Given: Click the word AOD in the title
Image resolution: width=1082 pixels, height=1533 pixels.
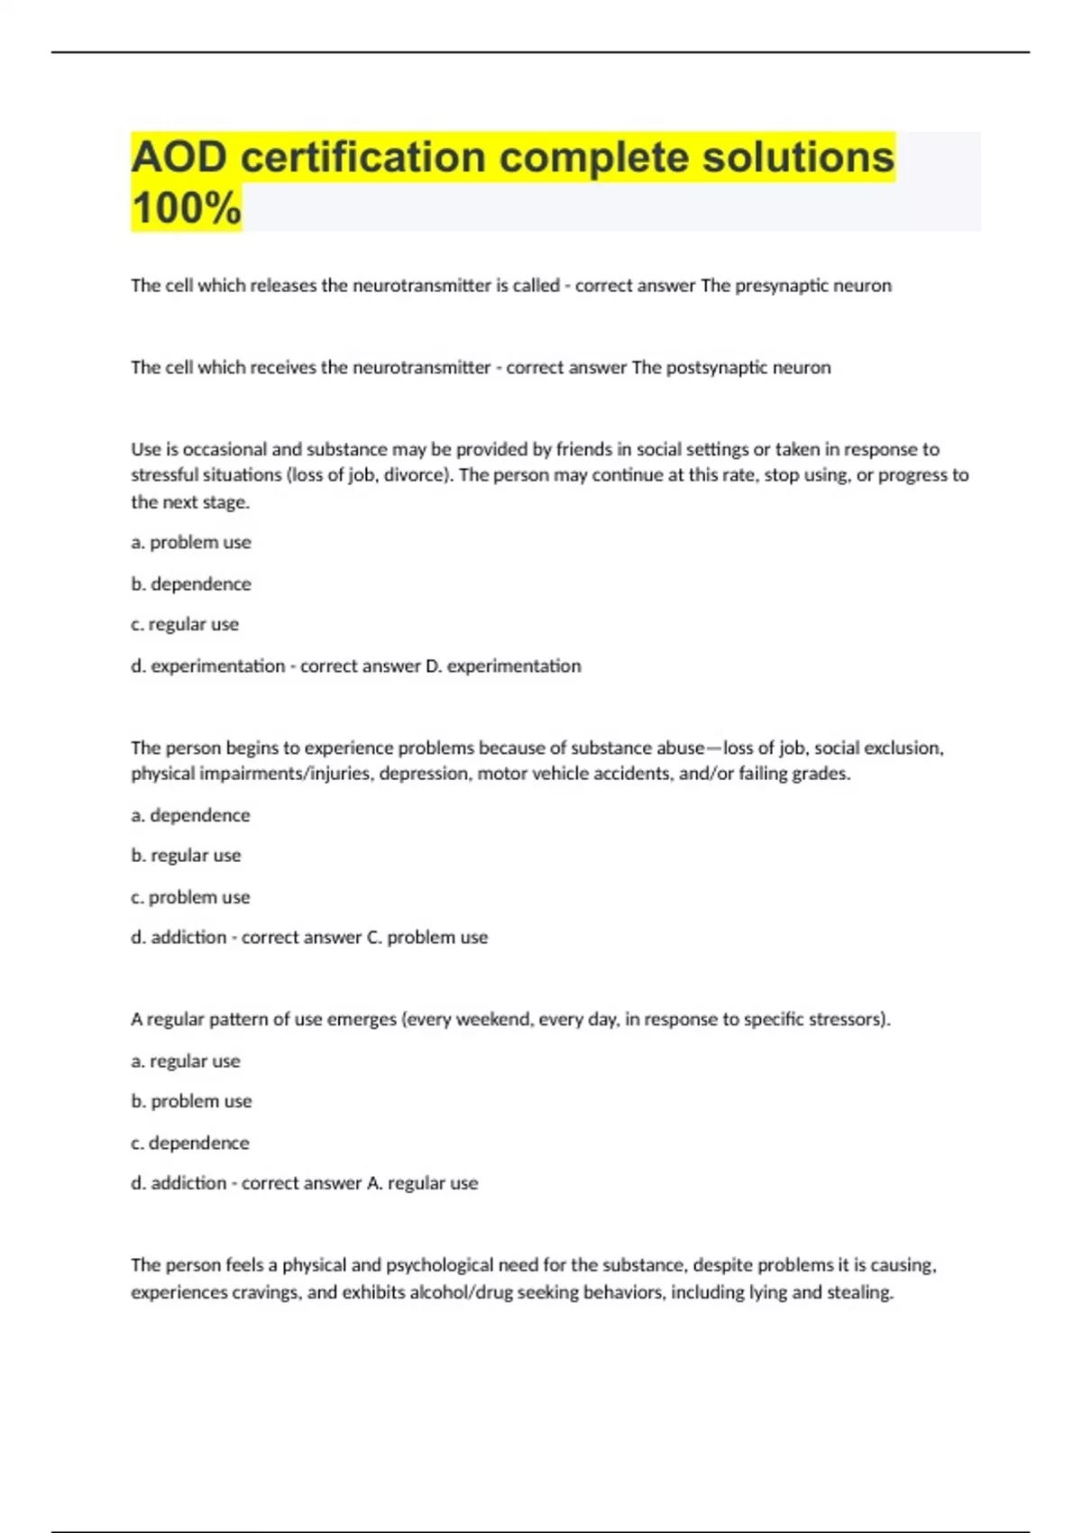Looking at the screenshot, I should (179, 158).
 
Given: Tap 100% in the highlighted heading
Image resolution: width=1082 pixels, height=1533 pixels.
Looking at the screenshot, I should (186, 208).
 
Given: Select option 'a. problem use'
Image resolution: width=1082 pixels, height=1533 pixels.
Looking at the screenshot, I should (191, 543).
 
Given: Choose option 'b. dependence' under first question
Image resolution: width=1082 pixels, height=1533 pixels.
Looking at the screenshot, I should (191, 584).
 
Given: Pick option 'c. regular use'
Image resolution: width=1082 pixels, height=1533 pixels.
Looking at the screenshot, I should (185, 625).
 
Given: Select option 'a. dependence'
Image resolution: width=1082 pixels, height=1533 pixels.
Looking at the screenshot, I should (190, 815).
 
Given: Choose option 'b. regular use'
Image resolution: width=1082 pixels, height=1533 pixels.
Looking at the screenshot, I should (186, 856).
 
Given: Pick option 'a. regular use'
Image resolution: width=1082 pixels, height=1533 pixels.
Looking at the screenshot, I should (186, 1061).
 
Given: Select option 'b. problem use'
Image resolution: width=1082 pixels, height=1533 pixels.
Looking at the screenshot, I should (191, 1102).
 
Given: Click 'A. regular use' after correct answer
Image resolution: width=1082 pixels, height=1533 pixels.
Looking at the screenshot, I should (423, 1184).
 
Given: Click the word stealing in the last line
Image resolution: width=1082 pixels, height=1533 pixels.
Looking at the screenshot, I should (860, 1293).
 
